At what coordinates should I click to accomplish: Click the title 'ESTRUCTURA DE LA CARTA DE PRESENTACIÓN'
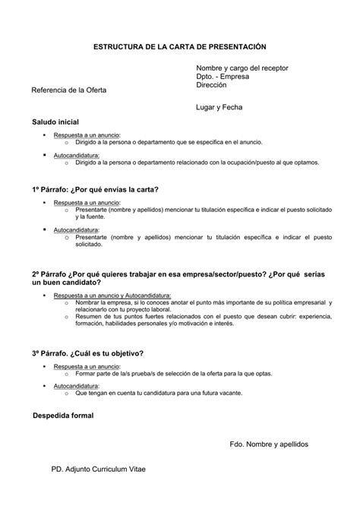[x=179, y=47]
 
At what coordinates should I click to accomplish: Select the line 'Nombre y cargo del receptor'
[x=242, y=68]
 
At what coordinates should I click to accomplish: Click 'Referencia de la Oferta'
[x=68, y=90]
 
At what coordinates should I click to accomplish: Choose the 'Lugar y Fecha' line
[x=219, y=108]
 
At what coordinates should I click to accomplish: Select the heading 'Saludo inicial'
[x=55, y=122]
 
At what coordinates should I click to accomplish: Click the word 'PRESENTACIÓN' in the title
[x=235, y=47]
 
